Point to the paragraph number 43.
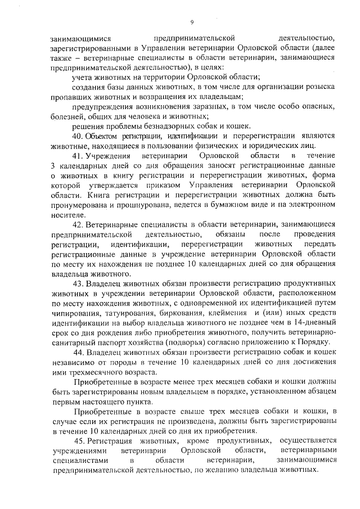coord(80,283)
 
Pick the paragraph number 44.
coord(80,352)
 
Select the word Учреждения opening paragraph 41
coord(110,155)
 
